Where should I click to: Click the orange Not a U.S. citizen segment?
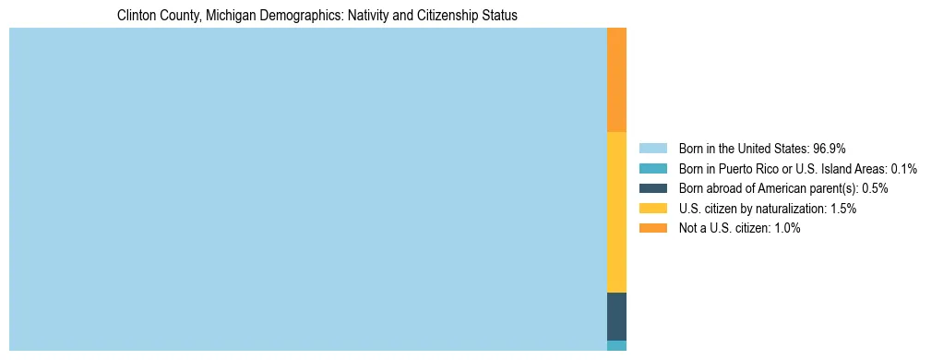(616, 80)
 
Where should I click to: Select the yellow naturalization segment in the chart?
(616, 212)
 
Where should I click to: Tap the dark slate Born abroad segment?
(616, 316)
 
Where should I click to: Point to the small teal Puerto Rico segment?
(616, 345)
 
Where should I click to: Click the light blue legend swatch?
(652, 148)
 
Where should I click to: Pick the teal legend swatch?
(652, 168)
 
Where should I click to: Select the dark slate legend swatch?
(652, 188)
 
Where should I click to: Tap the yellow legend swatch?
(652, 209)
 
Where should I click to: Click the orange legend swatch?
(652, 228)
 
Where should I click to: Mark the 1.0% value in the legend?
(786, 228)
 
